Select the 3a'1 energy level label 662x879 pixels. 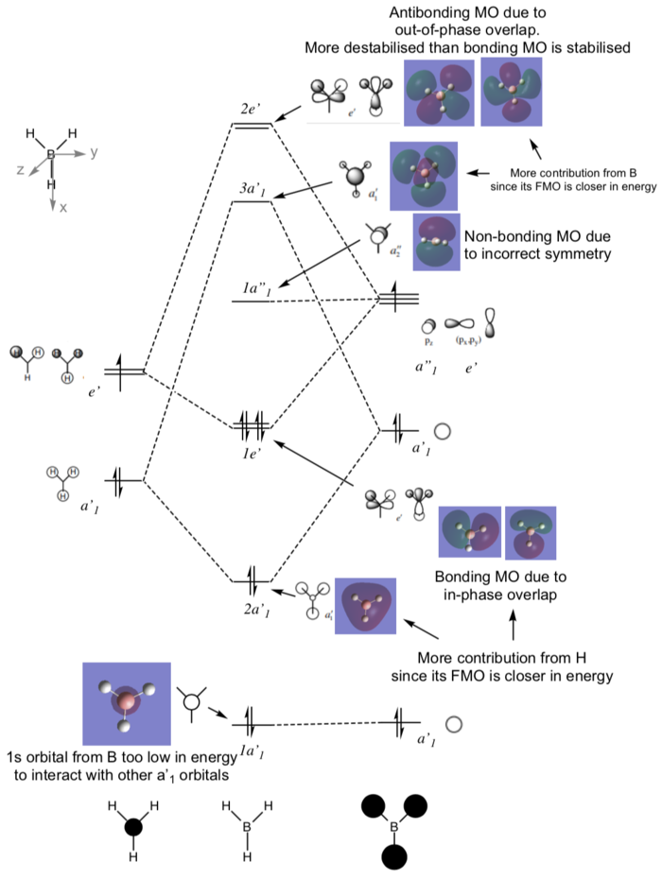(x=253, y=187)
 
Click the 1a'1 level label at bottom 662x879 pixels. (x=251, y=750)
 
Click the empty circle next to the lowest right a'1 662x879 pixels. (x=453, y=725)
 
